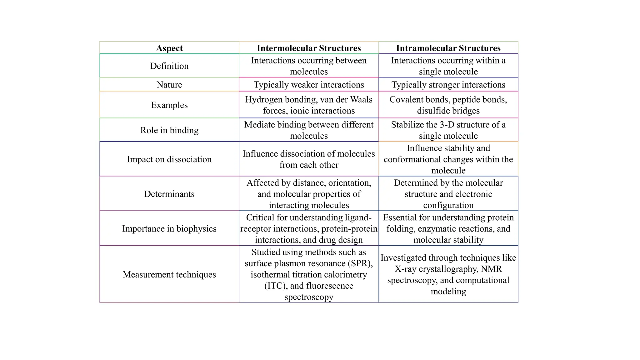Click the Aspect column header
169,48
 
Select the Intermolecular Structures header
309,48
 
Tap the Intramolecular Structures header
448,48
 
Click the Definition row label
169,66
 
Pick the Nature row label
169,85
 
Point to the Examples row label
169,105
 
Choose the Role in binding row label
169,130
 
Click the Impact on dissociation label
169,159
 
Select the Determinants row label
169,194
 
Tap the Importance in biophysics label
169,229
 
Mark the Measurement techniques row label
169,274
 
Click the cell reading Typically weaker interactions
309,85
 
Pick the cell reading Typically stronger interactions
448,85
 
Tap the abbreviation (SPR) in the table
360,263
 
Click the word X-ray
405,269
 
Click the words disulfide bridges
448,111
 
